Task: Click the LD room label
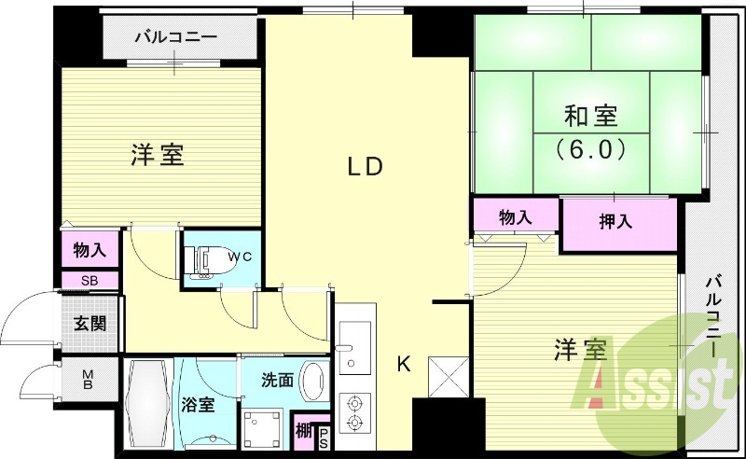[x=366, y=167]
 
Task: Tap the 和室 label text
[x=590, y=117]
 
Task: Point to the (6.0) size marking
[x=590, y=148]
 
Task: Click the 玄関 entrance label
[x=90, y=324]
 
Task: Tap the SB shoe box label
[x=90, y=280]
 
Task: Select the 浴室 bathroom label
[x=199, y=406]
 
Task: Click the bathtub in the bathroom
[x=147, y=407]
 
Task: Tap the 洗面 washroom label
[x=277, y=381]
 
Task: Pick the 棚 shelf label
[x=304, y=431]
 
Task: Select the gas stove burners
[x=353, y=412]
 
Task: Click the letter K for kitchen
[x=404, y=364]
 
